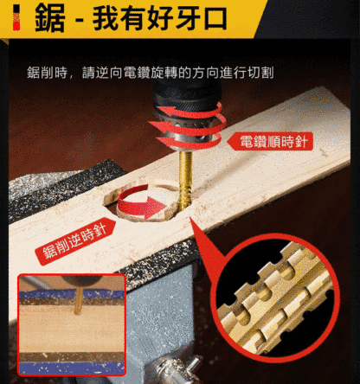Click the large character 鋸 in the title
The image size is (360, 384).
coord(49,18)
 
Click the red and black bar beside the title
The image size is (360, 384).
coord(16,17)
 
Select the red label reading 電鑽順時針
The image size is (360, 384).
coord(270,141)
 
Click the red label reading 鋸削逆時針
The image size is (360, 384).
coord(75,241)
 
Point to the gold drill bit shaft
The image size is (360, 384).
coord(185,180)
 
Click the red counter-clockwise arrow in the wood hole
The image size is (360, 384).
coord(141,203)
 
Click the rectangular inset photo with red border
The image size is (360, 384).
coord(72,325)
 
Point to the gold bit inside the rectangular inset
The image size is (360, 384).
coord(78,300)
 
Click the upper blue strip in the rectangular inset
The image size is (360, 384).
coord(72,294)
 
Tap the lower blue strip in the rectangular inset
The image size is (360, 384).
coord(72,368)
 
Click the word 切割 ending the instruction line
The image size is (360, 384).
coord(260,73)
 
